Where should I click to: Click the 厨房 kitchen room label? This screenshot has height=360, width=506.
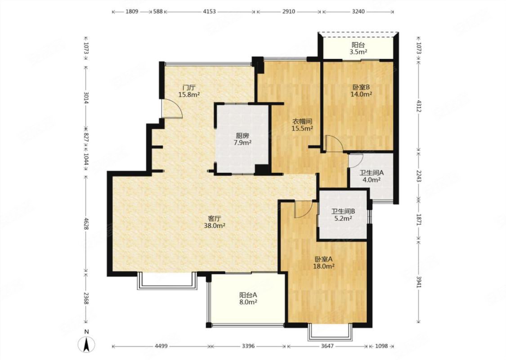(x=242, y=136)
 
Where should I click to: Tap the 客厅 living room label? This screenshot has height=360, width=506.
(x=214, y=219)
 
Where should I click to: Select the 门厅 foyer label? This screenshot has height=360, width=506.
(x=189, y=87)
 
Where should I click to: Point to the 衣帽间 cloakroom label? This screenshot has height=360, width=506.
(x=302, y=121)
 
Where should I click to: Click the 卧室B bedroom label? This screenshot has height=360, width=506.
(x=361, y=87)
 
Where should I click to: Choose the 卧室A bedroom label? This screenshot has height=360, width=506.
(x=323, y=259)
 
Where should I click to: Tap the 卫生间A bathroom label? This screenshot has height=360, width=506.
(x=372, y=173)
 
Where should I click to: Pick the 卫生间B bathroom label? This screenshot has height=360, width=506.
(x=343, y=211)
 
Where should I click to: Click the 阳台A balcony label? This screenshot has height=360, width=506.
(x=248, y=295)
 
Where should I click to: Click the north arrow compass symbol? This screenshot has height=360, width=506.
(x=86, y=345)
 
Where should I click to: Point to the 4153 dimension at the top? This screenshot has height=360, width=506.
(x=210, y=12)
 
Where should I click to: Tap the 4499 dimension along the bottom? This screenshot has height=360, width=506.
(x=161, y=346)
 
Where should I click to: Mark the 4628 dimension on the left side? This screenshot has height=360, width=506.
(x=86, y=224)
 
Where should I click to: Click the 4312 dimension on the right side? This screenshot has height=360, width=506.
(x=419, y=106)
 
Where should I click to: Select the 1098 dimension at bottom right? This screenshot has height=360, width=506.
(x=381, y=346)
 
